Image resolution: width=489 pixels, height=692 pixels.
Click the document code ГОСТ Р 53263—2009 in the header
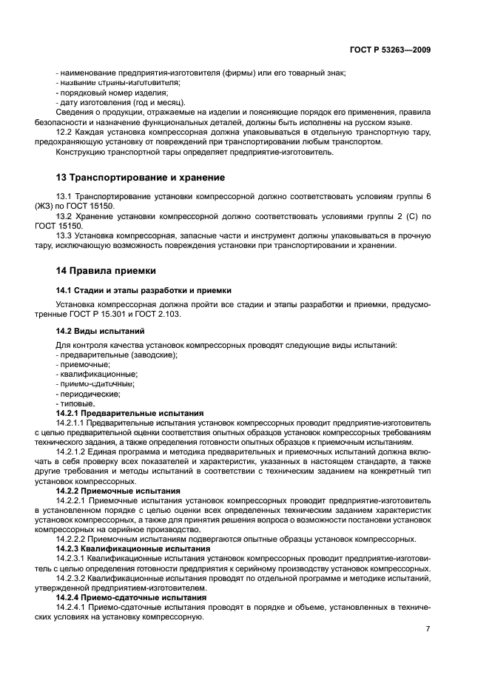pyautogui.click(x=390, y=50)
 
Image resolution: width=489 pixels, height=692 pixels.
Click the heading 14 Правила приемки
pyautogui.click(x=106, y=271)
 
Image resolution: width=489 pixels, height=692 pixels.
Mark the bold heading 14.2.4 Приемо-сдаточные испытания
pyautogui.click(x=131, y=597)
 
